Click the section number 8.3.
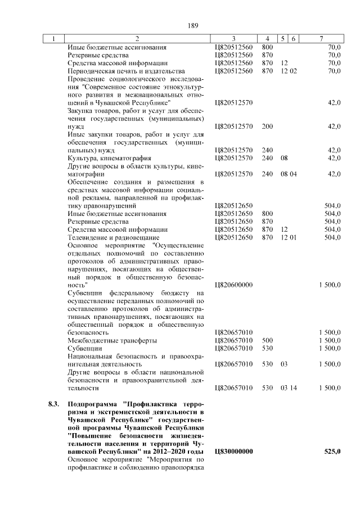[x=53, y=404]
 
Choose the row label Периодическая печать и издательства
[x=126, y=71]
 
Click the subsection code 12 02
[x=289, y=71]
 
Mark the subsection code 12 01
[x=289, y=238]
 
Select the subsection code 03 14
[x=289, y=388]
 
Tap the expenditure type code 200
[x=267, y=127]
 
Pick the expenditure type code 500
[x=267, y=341]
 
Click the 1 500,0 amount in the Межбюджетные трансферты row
[x=329, y=341]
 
